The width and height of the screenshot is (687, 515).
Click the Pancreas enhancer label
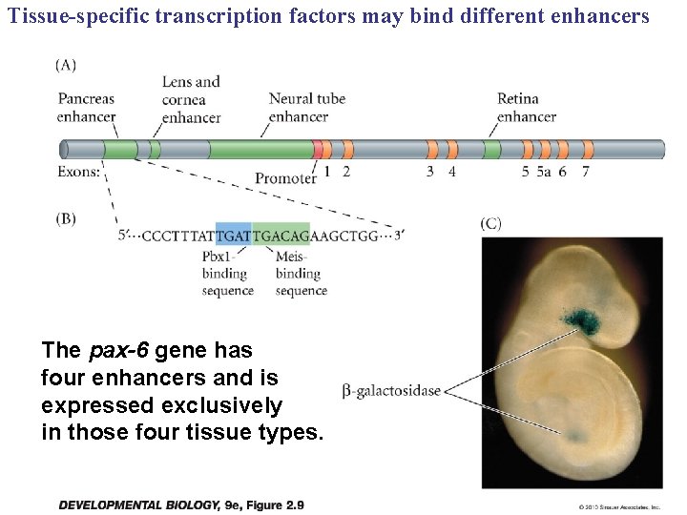tap(86, 108)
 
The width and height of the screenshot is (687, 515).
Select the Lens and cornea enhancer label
tap(191, 99)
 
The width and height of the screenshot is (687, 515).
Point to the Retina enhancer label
tap(526, 108)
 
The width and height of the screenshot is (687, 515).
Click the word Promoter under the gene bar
tap(285, 177)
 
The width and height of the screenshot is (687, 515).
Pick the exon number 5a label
tap(543, 172)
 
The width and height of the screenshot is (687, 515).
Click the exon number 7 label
tap(585, 172)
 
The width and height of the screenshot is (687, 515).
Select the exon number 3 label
tap(430, 172)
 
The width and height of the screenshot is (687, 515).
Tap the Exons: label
tap(77, 172)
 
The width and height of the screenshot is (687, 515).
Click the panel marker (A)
tap(66, 64)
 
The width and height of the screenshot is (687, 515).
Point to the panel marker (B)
tap(66, 218)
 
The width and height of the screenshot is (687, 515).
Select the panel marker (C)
tap(490, 224)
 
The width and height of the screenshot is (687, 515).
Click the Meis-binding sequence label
tap(301, 274)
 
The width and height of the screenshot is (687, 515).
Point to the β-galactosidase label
tap(390, 391)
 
